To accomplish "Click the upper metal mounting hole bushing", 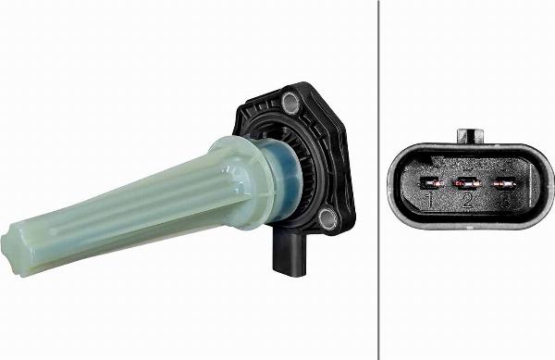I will (x=292, y=99).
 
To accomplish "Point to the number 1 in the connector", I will (x=430, y=199).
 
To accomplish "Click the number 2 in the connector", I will (x=467, y=199).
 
